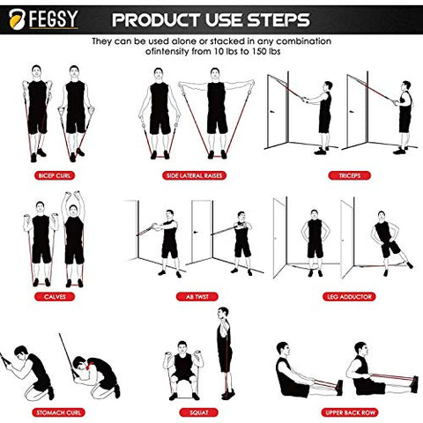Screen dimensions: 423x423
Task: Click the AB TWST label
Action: [x=194, y=296]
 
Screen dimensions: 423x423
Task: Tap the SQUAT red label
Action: [x=196, y=411]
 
